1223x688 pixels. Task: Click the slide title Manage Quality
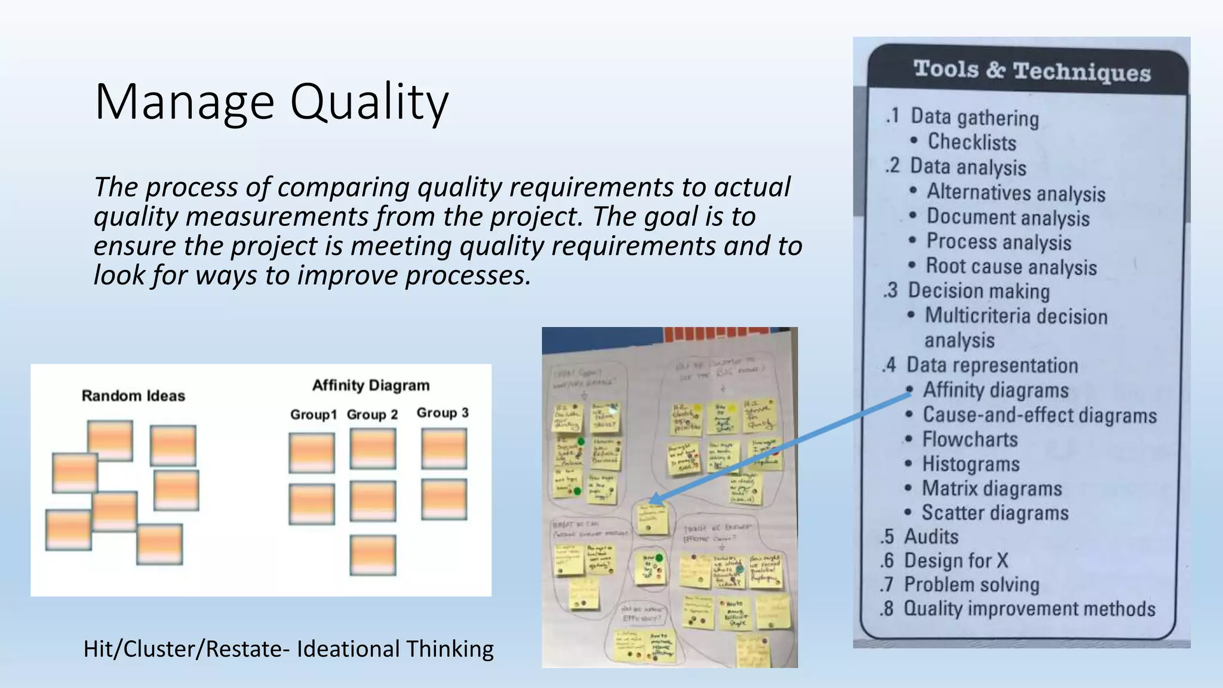click(272, 103)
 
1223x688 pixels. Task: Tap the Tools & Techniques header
click(1031, 71)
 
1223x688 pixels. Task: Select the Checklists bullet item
click(972, 142)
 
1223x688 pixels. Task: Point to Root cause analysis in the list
click(1011, 266)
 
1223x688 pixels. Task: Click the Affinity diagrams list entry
click(995, 391)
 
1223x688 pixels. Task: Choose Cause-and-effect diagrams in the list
click(1039, 415)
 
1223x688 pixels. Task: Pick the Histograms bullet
click(970, 464)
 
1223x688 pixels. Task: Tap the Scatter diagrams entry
click(995, 513)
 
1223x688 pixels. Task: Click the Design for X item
click(955, 561)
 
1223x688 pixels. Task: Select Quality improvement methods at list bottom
click(1029, 609)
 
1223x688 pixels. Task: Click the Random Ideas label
click(133, 396)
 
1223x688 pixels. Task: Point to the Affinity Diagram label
click(371, 386)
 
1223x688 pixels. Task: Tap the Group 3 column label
click(443, 413)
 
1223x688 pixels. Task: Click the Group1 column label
click(313, 415)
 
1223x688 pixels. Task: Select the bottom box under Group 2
click(373, 555)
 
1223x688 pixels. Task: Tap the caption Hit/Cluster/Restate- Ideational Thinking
click(288, 649)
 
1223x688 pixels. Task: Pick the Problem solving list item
click(971, 585)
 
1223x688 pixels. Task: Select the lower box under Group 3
click(444, 499)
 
